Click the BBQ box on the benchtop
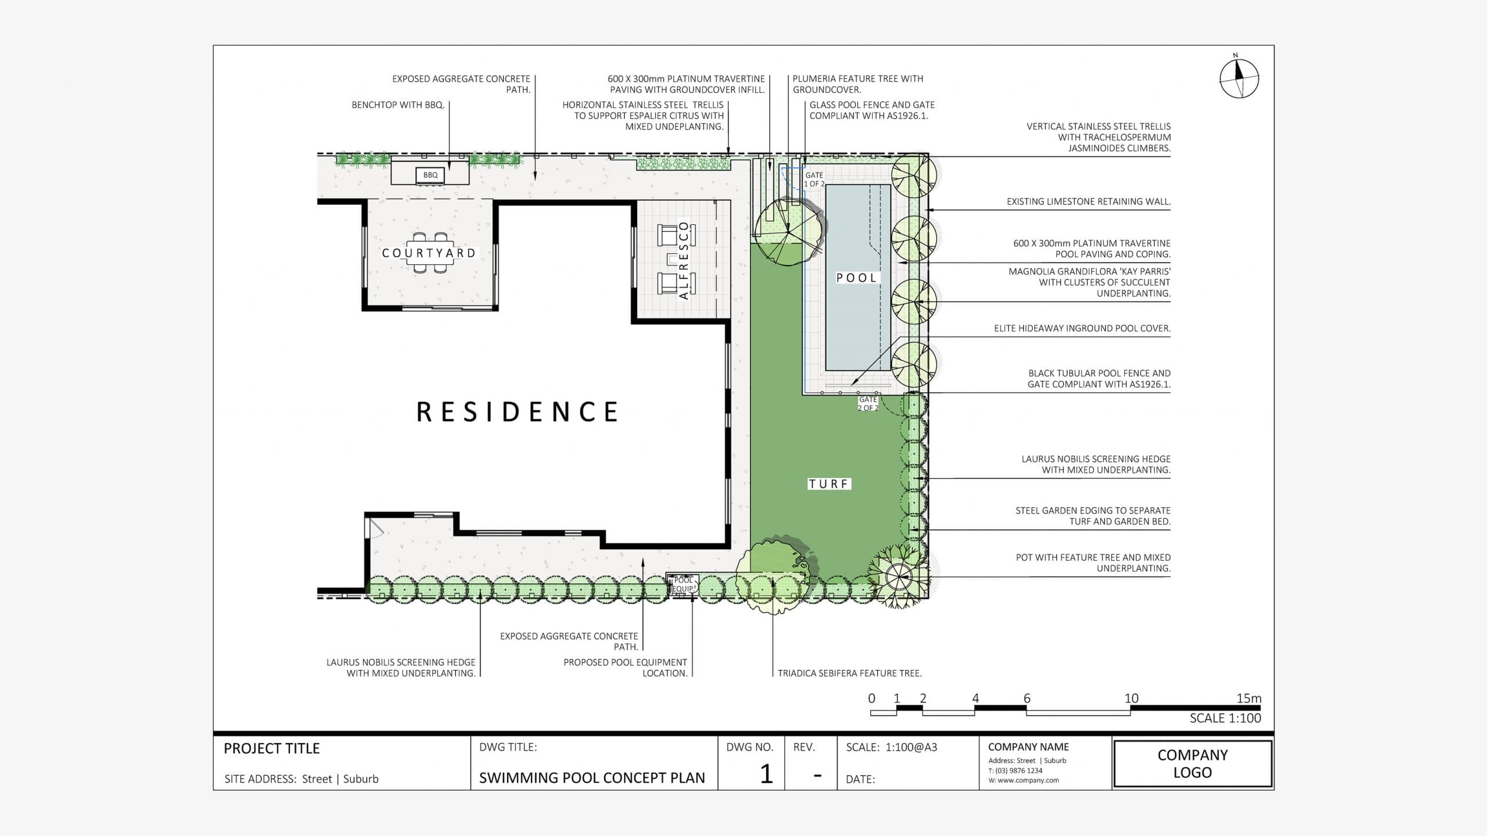tap(430, 175)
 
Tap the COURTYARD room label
tap(429, 253)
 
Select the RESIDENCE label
tap(518, 412)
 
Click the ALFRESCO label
tap(684, 260)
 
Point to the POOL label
tap(856, 278)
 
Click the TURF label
tap(829, 484)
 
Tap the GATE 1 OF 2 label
tap(814, 179)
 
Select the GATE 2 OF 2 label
tap(868, 404)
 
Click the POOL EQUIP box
tap(683, 584)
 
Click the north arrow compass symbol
tap(1238, 78)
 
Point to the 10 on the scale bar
tap(1131, 698)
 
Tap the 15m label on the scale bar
tap(1248, 698)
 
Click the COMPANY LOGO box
tap(1193, 763)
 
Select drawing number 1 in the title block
tap(766, 774)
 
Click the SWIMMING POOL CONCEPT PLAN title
tap(591, 778)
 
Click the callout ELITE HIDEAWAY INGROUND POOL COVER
tap(1082, 328)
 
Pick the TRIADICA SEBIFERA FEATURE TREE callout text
tap(849, 673)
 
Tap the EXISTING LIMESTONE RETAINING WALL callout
tap(1088, 202)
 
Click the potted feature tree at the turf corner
tap(898, 576)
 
